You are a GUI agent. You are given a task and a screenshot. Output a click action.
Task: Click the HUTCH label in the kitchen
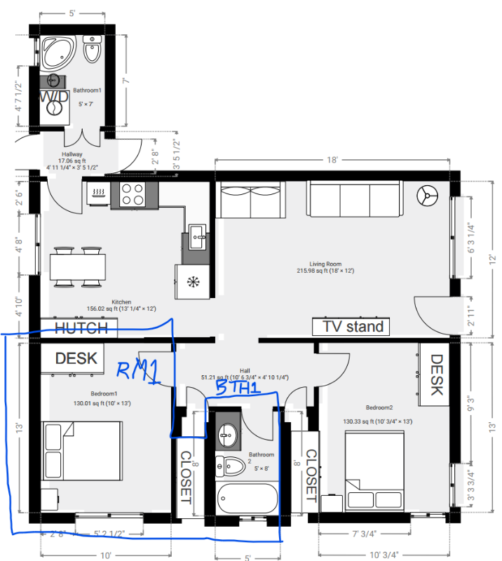[81, 328]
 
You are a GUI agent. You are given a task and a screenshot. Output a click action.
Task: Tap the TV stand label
[353, 326]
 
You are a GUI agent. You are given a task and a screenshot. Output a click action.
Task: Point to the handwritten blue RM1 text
[138, 372]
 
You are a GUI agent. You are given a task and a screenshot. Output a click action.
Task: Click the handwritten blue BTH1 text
[239, 387]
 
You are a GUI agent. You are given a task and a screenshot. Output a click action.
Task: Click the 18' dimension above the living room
[332, 160]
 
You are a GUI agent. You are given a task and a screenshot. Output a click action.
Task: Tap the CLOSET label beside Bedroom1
[186, 477]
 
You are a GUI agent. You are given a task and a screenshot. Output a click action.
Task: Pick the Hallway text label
[72, 154]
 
